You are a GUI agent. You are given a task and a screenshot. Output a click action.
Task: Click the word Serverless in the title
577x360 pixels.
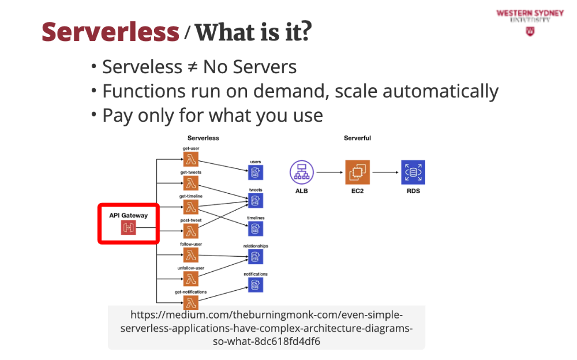110,32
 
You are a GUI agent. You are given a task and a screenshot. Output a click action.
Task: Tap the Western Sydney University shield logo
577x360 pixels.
530,32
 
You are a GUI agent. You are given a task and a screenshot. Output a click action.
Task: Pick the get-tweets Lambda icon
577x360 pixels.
192,183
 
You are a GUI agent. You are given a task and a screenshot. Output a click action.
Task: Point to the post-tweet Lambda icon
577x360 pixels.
192,231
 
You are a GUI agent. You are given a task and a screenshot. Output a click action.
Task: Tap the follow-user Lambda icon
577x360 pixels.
192,255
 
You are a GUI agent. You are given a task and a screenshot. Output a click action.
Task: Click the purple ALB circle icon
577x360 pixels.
301,172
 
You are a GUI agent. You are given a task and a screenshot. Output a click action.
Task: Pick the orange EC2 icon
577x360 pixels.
357,172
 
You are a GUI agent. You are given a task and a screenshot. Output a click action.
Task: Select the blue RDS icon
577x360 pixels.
413,172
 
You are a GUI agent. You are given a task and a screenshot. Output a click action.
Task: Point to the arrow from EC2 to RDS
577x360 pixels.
385,172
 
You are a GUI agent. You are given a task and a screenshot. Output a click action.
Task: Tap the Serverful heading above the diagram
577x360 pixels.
357,138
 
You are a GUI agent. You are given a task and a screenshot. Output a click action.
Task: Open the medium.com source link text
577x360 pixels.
266,328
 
